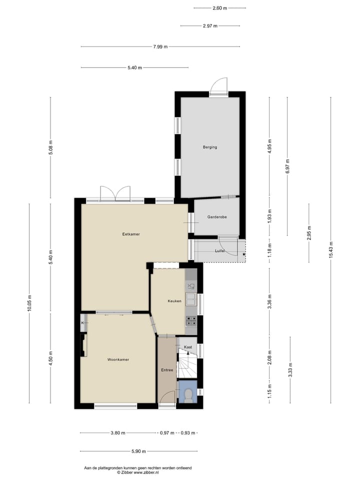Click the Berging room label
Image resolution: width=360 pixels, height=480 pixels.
coord(209,147)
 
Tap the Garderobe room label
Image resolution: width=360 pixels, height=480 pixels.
coord(217,217)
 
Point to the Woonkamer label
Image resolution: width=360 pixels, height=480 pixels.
coord(118,359)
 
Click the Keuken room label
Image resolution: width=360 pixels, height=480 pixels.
coord(174,301)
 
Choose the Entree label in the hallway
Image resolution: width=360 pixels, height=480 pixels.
coord(167,370)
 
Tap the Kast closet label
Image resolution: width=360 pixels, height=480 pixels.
coord(188,347)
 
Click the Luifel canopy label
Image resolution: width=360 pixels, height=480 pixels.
coord(219,250)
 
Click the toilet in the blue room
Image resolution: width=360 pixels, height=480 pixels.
coord(188,395)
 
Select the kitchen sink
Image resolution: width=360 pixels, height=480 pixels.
coord(191,299)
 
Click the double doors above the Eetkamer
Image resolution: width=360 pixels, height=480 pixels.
coord(115,194)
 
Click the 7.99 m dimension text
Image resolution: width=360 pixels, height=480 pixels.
coord(160,47)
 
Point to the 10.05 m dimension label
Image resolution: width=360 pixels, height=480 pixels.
coord(29,303)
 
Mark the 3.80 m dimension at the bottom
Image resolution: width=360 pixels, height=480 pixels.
coord(118,433)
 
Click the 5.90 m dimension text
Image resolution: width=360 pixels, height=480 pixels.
coord(138,451)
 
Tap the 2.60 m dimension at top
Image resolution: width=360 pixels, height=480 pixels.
coord(219,8)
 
